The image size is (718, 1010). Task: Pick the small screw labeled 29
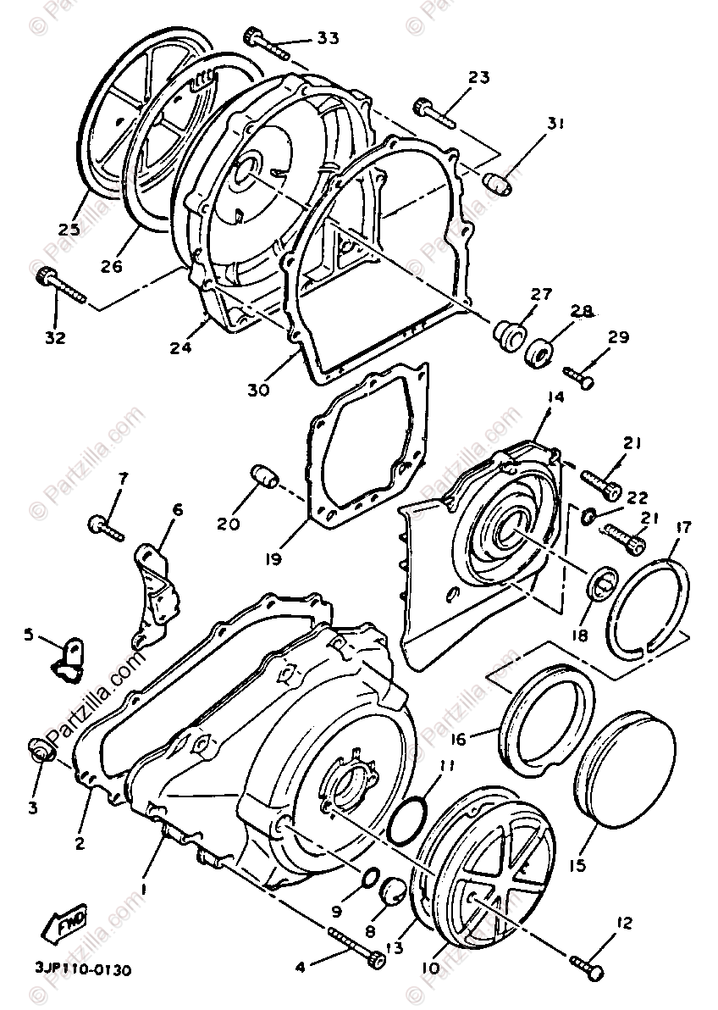578,377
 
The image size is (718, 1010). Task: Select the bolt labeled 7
106,527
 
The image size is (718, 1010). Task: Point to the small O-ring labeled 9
369,878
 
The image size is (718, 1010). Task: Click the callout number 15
578,865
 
